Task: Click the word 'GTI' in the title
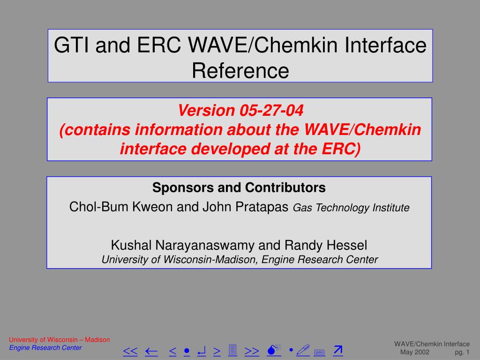pos(72,45)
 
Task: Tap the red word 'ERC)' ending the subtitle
pos(341,149)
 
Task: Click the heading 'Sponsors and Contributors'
pos(239,187)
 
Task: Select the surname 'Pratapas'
pos(262,207)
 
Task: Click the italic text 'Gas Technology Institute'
pos(351,208)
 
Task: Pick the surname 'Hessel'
pos(347,245)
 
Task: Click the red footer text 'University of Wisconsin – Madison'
pos(60,340)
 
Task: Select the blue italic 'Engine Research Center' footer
pos(45,348)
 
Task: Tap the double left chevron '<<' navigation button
pos(130,351)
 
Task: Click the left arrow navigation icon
pos(151,352)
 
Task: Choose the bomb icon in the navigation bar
pos(274,350)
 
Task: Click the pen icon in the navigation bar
pos(303,350)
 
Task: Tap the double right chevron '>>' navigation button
pos(252,351)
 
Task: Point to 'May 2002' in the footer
pos(415,352)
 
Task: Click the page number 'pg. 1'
pos(462,352)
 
